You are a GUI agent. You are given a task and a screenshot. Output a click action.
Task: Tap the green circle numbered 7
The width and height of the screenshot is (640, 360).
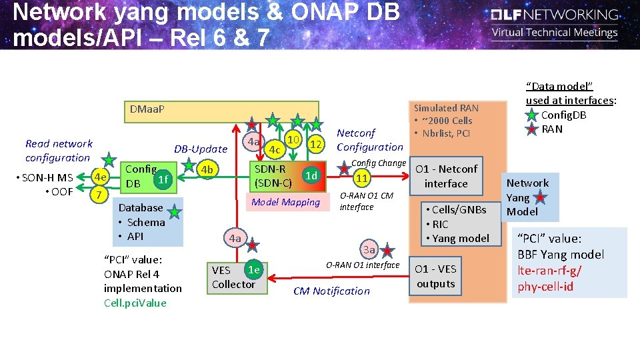point(98,195)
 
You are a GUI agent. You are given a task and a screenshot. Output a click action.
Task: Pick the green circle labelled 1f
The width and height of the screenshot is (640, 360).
point(162,179)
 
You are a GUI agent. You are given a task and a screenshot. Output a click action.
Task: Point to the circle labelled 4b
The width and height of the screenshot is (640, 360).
point(207,169)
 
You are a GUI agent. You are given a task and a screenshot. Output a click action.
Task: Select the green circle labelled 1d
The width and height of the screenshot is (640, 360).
point(310,175)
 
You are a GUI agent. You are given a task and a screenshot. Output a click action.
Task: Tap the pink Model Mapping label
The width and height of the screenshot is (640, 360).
point(285,202)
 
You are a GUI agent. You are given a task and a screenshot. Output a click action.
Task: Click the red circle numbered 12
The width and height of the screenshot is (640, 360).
point(317,143)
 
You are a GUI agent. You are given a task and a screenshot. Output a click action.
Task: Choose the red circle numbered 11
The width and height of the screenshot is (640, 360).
point(362,178)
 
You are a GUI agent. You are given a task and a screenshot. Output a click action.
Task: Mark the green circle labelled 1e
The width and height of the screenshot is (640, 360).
point(253,269)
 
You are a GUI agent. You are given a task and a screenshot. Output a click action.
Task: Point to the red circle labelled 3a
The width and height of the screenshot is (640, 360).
point(369,250)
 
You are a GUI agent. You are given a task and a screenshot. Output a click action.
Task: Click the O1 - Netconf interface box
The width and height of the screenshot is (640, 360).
point(446,176)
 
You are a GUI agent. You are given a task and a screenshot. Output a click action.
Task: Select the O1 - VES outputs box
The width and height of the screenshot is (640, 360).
point(436,276)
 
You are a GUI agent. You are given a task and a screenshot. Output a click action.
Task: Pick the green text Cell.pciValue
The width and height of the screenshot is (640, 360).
point(135,303)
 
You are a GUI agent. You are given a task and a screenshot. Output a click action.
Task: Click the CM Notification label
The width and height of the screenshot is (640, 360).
point(331,291)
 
